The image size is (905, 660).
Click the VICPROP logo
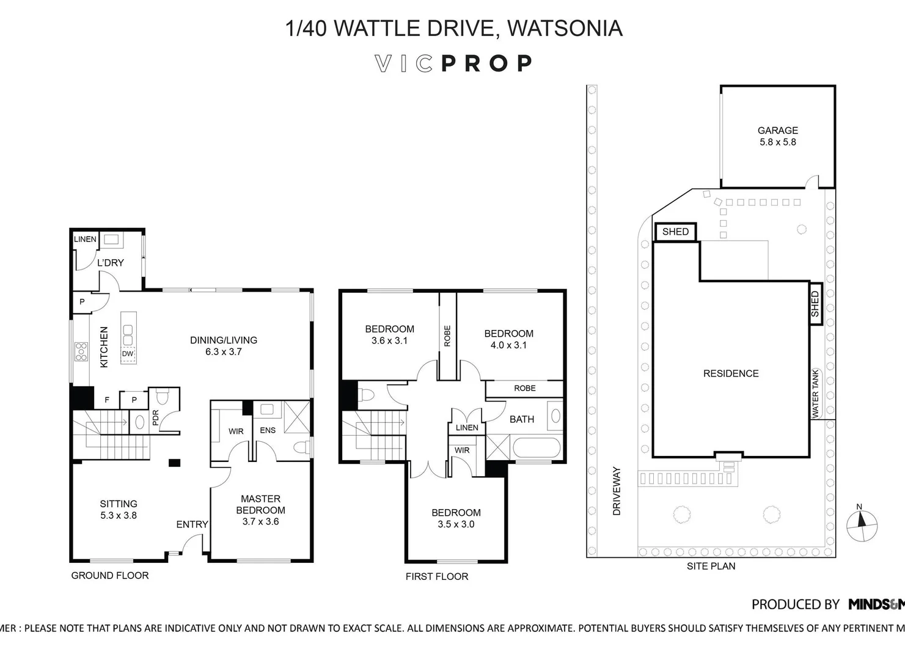(x=453, y=64)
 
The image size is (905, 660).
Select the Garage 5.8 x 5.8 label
(x=777, y=136)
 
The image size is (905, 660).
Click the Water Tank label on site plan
(x=815, y=394)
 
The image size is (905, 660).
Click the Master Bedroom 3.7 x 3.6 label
(x=260, y=510)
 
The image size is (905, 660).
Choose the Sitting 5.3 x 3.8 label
(x=119, y=509)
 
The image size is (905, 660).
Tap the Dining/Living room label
(x=224, y=345)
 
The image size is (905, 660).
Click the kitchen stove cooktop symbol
(x=81, y=351)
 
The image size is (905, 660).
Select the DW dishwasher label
(x=127, y=354)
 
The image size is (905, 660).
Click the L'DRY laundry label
(x=111, y=263)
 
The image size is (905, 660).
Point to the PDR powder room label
(x=155, y=417)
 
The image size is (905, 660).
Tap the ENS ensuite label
(x=268, y=430)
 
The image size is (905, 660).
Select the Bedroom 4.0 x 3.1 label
(x=508, y=339)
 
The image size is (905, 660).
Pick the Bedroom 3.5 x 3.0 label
(x=456, y=518)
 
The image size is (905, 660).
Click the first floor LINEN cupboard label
(x=467, y=427)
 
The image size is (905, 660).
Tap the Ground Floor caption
(x=110, y=575)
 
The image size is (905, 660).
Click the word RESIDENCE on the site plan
(x=731, y=373)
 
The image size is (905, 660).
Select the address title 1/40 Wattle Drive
(x=453, y=28)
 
